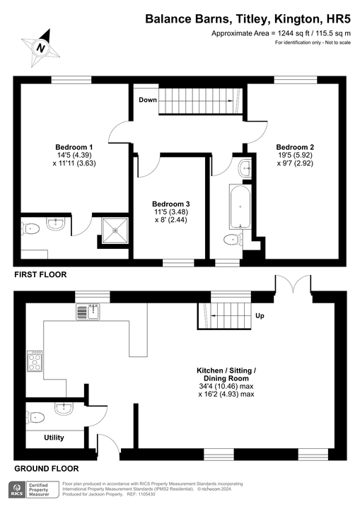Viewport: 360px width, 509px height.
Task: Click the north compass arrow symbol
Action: [x=41, y=47]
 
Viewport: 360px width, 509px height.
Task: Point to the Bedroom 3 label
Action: [x=170, y=204]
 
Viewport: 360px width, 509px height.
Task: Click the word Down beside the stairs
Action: [x=148, y=100]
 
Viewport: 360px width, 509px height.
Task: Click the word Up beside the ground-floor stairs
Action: [x=259, y=315]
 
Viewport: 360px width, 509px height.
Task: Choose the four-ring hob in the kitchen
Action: [x=34, y=361]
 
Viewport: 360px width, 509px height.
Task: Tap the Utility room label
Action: [x=54, y=438]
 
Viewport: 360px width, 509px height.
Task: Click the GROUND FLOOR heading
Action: [x=47, y=468]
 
